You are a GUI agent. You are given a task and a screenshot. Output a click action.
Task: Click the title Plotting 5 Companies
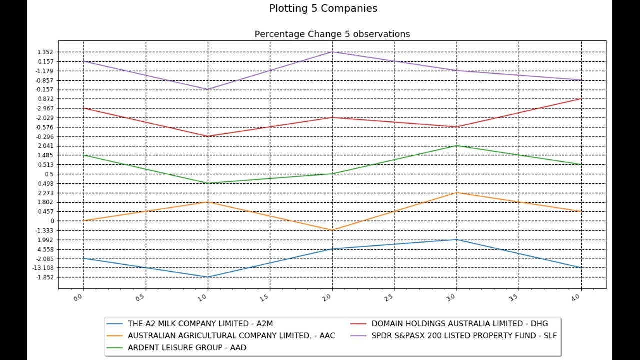(x=323, y=8)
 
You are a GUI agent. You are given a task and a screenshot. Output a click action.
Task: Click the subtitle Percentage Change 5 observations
(x=332, y=34)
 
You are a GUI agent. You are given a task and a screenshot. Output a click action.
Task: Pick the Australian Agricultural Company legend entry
(x=231, y=335)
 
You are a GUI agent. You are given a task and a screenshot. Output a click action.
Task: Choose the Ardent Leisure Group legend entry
(x=187, y=347)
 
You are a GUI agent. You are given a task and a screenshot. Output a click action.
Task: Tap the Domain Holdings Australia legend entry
(x=459, y=324)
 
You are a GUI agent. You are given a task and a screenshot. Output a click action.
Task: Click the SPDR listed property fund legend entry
(x=464, y=335)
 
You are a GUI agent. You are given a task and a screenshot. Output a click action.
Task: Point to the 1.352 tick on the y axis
(x=45, y=52)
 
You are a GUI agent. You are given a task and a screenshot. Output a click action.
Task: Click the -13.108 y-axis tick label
(x=44, y=268)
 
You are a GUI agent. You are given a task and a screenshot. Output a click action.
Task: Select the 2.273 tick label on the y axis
(x=45, y=193)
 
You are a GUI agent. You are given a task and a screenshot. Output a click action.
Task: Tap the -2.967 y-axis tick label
(x=44, y=108)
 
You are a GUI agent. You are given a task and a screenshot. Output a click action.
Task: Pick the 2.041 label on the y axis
(x=45, y=146)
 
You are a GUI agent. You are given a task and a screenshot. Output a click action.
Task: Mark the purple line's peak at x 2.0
(x=332, y=52)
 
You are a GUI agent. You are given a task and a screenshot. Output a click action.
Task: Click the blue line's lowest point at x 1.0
(x=208, y=277)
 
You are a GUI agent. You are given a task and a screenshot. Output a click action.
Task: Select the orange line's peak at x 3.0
(x=457, y=193)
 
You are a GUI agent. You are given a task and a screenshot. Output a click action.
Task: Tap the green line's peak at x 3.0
(x=457, y=146)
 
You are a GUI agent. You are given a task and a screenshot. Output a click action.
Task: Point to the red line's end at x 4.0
(x=581, y=99)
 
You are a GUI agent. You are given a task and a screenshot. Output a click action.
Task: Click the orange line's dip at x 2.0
(x=332, y=230)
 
